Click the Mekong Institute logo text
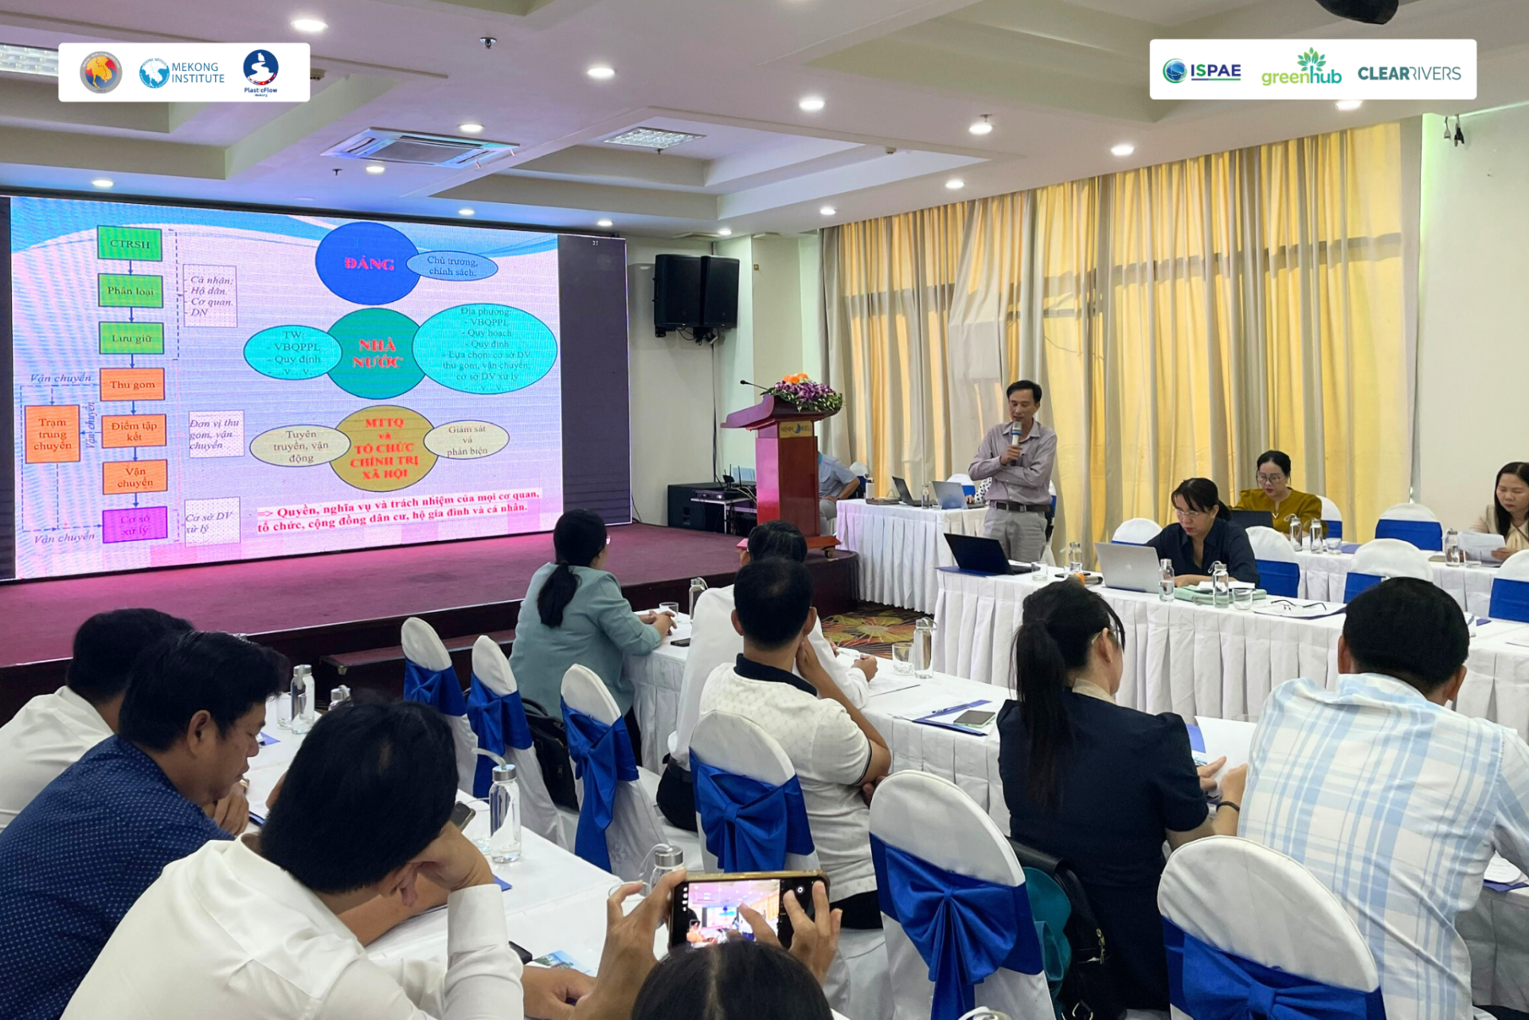pos(197,73)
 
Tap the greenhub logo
pos(1301,69)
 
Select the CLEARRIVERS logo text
pos(1409,73)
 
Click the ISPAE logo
pos(1202,71)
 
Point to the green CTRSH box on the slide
pos(130,244)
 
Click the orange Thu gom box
pos(132,384)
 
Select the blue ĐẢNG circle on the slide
pos(367,264)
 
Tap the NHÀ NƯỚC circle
pos(376,353)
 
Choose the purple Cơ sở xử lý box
pos(135,524)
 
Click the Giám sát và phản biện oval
pos(467,440)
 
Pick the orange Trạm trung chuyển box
pos(53,434)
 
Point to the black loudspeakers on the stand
pos(696,292)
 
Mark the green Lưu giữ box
pos(131,339)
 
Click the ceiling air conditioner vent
pos(420,148)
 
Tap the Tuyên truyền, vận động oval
pos(300,445)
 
